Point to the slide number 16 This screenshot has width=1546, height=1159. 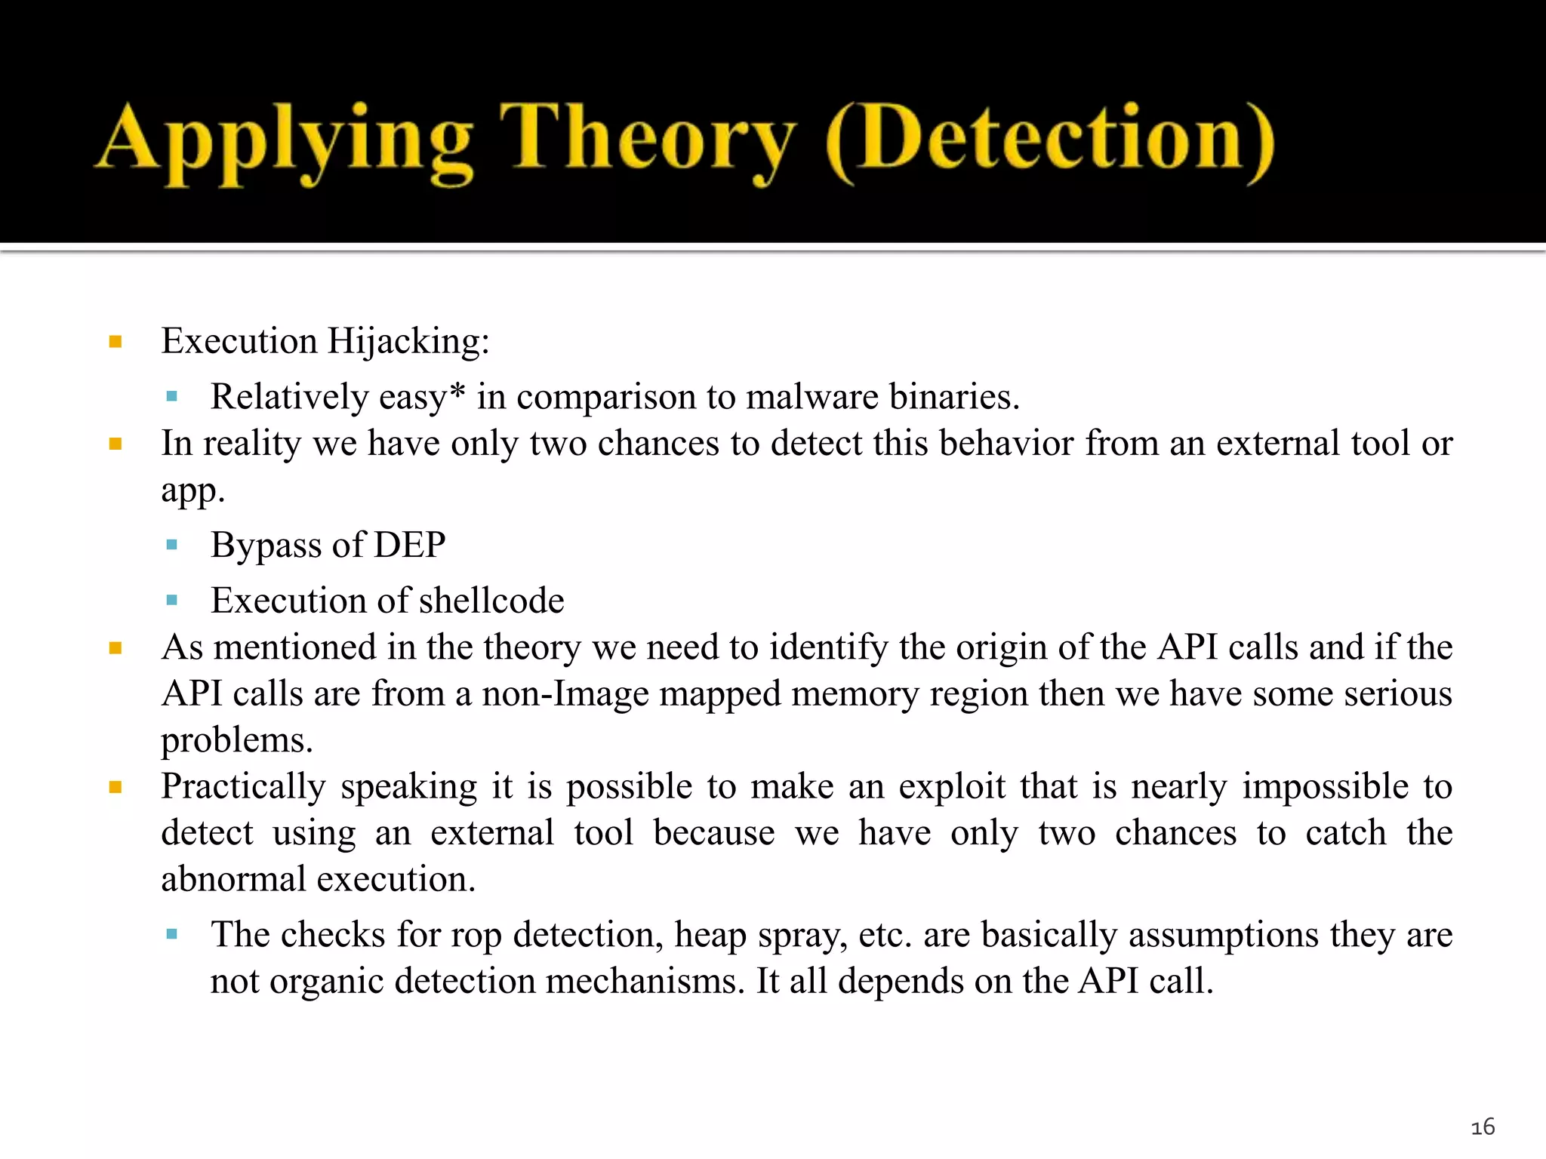pyautogui.click(x=1483, y=1127)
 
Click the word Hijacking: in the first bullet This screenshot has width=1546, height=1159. pyautogui.click(x=408, y=341)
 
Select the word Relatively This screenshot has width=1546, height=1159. pyautogui.click(x=289, y=397)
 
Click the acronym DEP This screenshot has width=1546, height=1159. pyautogui.click(x=410, y=545)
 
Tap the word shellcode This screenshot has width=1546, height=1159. pyautogui.click(x=491, y=601)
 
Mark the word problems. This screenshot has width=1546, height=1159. pyautogui.click(x=237, y=740)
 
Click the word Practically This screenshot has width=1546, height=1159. pyautogui.click(x=243, y=787)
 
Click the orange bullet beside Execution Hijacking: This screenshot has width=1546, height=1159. pyautogui.click(x=115, y=342)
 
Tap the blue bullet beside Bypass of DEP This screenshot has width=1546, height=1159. pyautogui.click(x=171, y=545)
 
